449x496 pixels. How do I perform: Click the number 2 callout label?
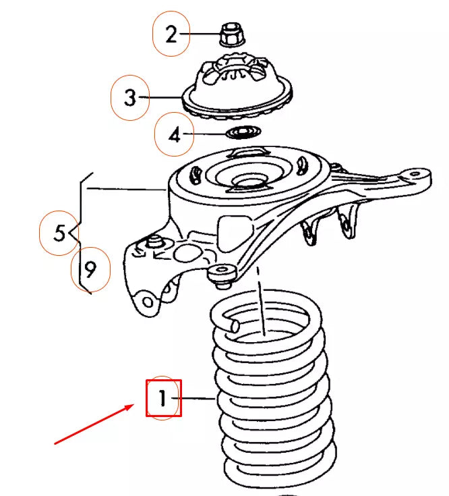point(171,34)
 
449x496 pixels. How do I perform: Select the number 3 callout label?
point(130,98)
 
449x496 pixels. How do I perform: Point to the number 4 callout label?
point(175,136)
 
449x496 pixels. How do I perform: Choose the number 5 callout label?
point(59,233)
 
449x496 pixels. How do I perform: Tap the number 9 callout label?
point(90,270)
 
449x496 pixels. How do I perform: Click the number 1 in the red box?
point(163,398)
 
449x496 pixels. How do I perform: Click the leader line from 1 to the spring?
point(197,399)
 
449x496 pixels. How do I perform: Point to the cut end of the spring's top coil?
point(234,327)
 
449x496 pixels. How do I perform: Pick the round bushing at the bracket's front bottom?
point(222,273)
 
